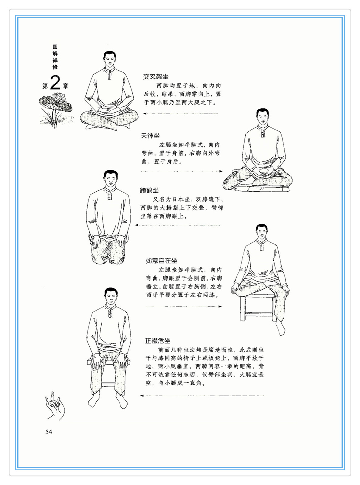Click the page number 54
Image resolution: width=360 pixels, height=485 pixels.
click(48, 432)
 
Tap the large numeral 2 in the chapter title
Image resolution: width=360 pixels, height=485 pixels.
click(55, 83)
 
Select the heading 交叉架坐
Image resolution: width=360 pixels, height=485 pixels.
click(156, 77)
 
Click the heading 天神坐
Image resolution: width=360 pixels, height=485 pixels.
click(150, 136)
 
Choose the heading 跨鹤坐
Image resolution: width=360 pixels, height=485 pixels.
click(149, 190)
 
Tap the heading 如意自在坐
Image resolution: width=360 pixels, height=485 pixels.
click(162, 261)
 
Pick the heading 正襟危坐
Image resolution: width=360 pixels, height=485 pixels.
click(158, 341)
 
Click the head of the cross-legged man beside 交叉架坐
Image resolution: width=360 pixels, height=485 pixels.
click(110, 59)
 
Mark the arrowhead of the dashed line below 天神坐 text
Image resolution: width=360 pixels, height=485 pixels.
click(221, 171)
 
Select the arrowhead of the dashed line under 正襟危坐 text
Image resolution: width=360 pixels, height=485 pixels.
click(142, 396)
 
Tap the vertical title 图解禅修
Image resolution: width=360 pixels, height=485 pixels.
click(55, 57)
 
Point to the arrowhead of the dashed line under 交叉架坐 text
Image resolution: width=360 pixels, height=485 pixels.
click(145, 114)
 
